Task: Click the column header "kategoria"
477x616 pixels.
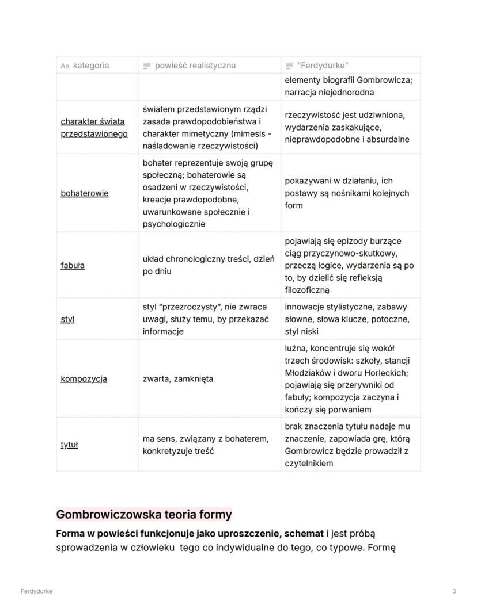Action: click(91, 66)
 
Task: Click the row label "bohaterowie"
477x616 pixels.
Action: click(84, 193)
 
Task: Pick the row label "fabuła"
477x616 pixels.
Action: click(73, 265)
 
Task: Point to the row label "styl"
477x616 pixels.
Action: click(67, 319)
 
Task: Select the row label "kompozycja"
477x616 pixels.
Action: click(84, 378)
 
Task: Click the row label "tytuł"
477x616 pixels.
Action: click(69, 445)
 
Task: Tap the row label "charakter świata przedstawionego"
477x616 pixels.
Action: click(94, 127)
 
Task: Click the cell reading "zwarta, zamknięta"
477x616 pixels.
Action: click(177, 378)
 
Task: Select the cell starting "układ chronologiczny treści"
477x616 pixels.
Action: click(208, 265)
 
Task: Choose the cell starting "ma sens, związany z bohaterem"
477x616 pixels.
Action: click(205, 445)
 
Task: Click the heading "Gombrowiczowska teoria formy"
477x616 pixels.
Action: click(143, 514)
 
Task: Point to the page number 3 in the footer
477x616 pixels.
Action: click(454, 591)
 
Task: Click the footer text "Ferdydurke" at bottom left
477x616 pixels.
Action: click(36, 591)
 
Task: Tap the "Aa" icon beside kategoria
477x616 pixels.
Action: click(65, 66)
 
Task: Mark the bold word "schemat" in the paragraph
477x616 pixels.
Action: click(304, 534)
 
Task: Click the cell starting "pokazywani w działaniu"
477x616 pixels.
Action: click(347, 193)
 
